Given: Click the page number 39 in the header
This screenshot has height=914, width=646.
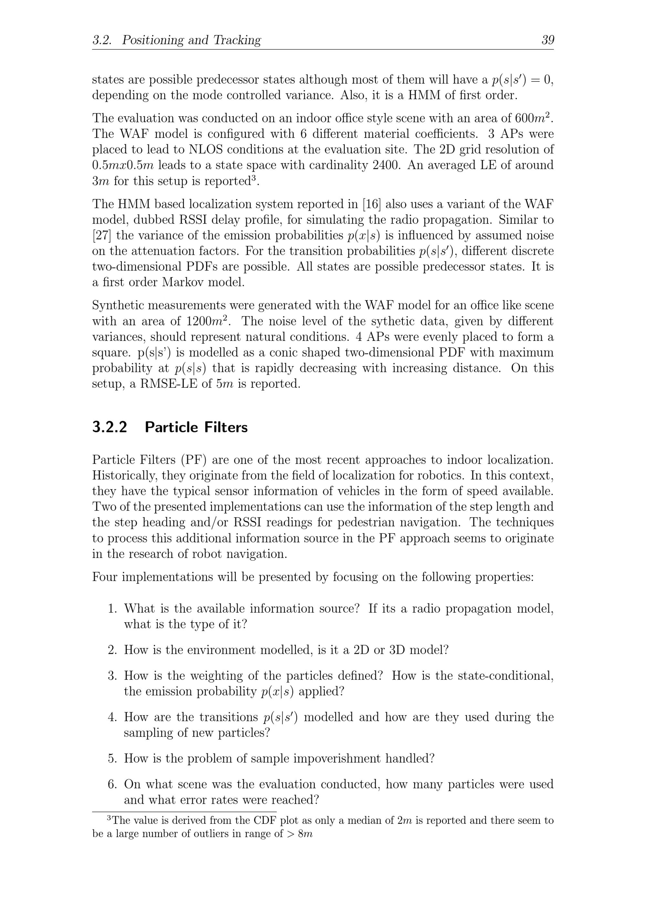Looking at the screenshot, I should pyautogui.click(x=547, y=40).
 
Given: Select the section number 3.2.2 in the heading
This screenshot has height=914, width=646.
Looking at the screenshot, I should pyautogui.click(x=109, y=427).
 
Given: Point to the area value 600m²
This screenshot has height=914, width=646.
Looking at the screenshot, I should pyautogui.click(x=533, y=118).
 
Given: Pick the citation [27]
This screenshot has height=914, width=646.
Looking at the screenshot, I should pyautogui.click(x=101, y=235).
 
